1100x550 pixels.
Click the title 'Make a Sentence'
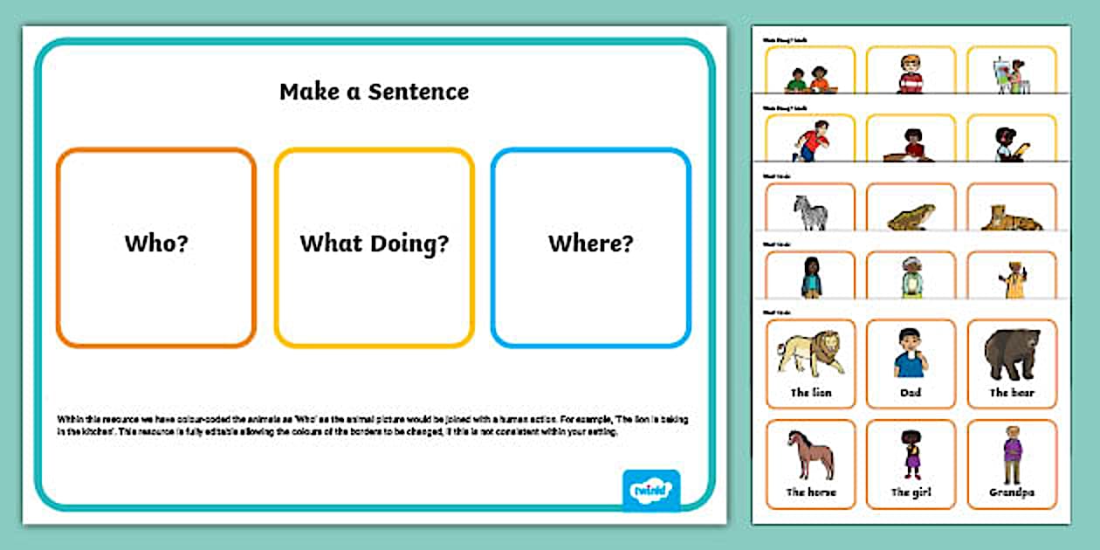pyautogui.click(x=374, y=92)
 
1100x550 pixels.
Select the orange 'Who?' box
pyautogui.click(x=156, y=247)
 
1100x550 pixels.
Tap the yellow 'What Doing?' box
pyautogui.click(x=375, y=247)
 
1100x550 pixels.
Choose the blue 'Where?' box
pyautogui.click(x=591, y=247)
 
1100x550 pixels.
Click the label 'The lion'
pyautogui.click(x=811, y=393)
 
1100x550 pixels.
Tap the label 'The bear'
pyautogui.click(x=1012, y=393)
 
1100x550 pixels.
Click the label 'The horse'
pyautogui.click(x=811, y=492)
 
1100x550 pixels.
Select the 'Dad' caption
pyautogui.click(x=911, y=393)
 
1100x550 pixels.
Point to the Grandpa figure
pyautogui.click(x=1011, y=454)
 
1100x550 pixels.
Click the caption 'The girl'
pyautogui.click(x=911, y=492)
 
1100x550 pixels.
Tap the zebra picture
pyautogui.click(x=810, y=213)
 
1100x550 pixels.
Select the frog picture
pyautogui.click(x=911, y=217)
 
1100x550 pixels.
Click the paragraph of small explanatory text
pyautogui.click(x=373, y=425)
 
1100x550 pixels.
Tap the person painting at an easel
pyautogui.click(x=1011, y=76)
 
